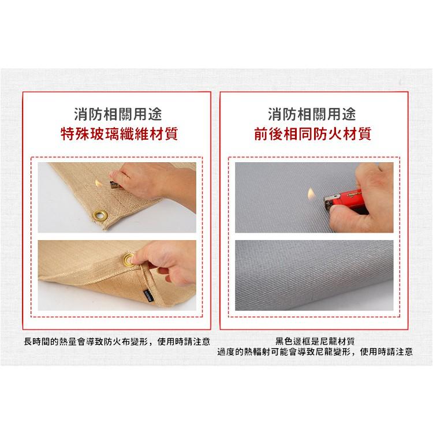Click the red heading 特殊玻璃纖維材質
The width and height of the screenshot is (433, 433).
tap(118, 135)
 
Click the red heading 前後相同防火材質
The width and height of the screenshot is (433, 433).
tap(312, 135)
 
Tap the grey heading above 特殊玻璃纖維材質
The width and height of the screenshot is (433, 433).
tap(118, 112)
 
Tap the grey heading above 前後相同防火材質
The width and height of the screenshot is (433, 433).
tap(312, 112)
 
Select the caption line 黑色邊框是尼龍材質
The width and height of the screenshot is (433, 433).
tap(315, 341)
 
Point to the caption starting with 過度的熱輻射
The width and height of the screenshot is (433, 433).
tap(315, 352)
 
